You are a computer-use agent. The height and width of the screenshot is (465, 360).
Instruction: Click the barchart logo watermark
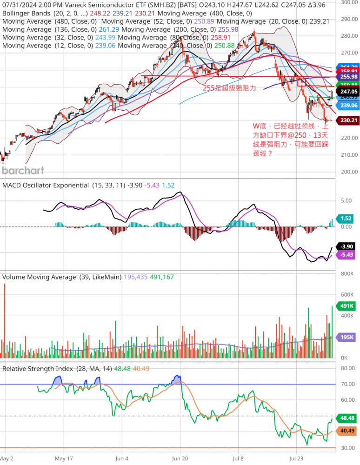tap(23, 170)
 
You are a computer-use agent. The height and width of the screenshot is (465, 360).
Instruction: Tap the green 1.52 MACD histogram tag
tap(346, 218)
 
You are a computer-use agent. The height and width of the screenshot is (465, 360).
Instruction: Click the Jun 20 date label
tap(180, 458)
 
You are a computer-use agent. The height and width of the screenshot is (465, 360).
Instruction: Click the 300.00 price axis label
tap(348, 2)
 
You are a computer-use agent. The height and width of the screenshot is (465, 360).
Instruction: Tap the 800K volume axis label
tap(348, 274)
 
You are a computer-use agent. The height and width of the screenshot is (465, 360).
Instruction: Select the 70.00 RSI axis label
tap(348, 384)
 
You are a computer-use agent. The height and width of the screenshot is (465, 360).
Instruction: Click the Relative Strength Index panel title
tap(38, 369)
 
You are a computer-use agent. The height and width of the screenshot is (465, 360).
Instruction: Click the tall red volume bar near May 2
tap(5, 321)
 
